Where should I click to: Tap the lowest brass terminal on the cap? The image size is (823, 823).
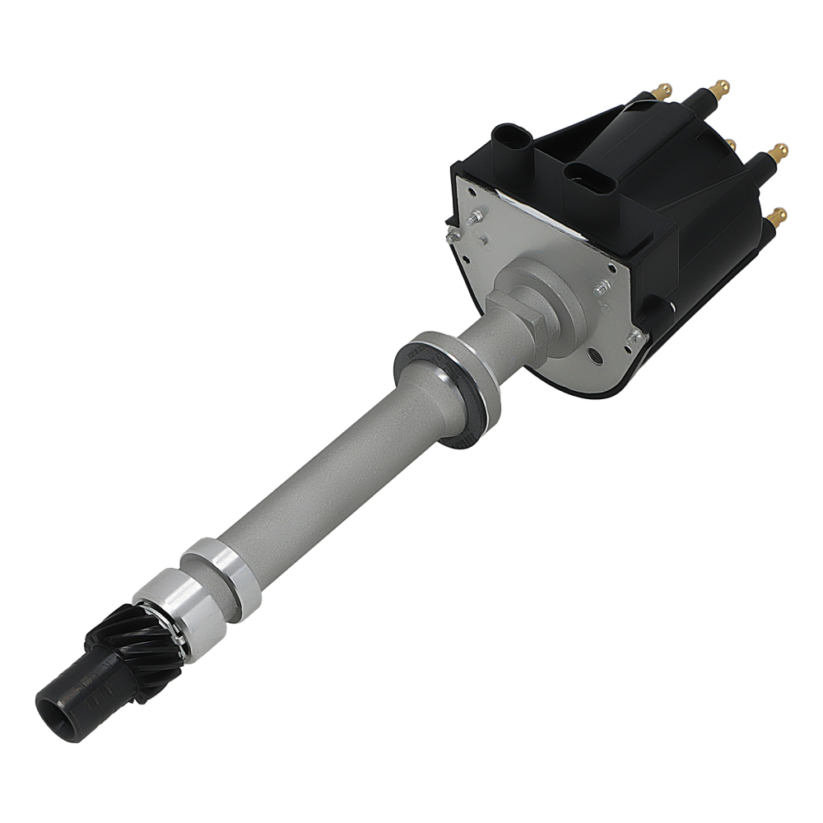(778, 216)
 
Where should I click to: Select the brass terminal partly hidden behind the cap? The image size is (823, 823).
(729, 143)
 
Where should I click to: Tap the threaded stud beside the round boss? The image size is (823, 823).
(602, 288)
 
